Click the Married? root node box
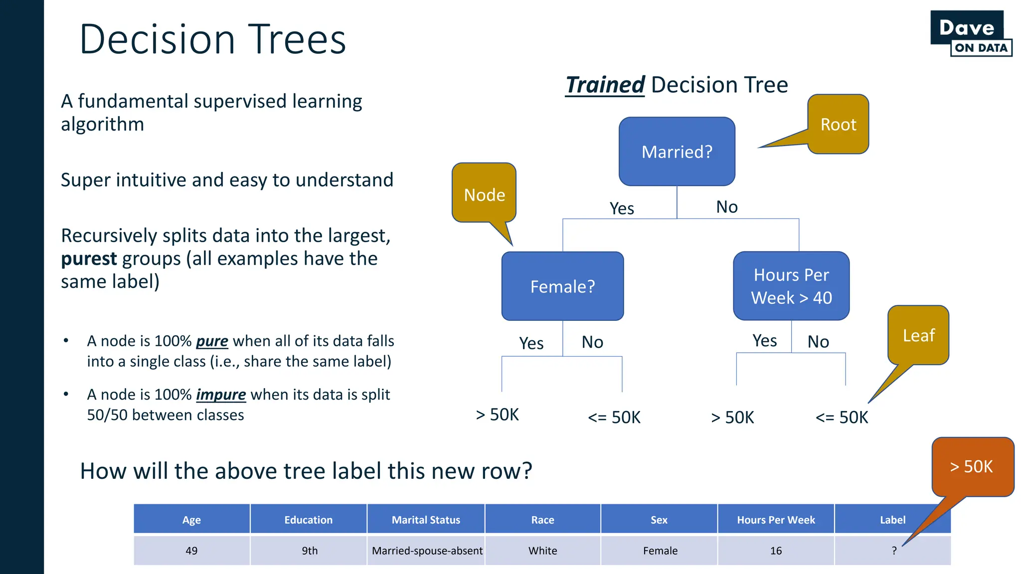coord(677,151)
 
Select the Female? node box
coord(562,286)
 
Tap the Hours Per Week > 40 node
coord(791,286)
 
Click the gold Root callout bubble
coord(838,124)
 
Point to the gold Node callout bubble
coord(484,193)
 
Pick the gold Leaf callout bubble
coord(918,335)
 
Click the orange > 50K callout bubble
coord(972,466)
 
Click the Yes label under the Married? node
coord(622,208)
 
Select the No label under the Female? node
coord(592,342)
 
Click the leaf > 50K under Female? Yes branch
coord(497,415)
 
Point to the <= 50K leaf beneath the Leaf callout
coord(842,417)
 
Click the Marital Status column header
coord(426,520)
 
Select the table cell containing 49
coord(191,551)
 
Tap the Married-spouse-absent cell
coord(427,551)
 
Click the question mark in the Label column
coord(894,551)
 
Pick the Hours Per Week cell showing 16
coord(776,551)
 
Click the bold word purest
coord(89,259)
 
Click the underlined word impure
coord(221,395)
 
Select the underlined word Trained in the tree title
coord(605,85)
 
